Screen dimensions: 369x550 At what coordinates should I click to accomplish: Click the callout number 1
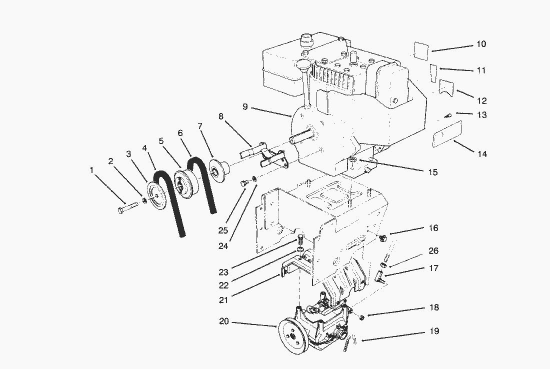click(91, 170)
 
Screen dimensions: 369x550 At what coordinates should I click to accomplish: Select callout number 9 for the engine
click(245, 106)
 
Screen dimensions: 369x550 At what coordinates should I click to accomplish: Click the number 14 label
click(481, 154)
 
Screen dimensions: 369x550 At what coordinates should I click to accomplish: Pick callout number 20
click(223, 321)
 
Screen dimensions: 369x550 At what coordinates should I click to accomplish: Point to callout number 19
click(434, 331)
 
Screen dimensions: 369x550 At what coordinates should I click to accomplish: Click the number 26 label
click(433, 251)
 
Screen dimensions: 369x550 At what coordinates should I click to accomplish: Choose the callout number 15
click(432, 172)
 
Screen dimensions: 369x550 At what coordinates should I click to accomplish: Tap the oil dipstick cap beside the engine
click(303, 64)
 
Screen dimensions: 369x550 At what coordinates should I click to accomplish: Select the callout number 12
click(481, 101)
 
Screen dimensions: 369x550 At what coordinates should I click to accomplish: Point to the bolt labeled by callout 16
click(382, 238)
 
